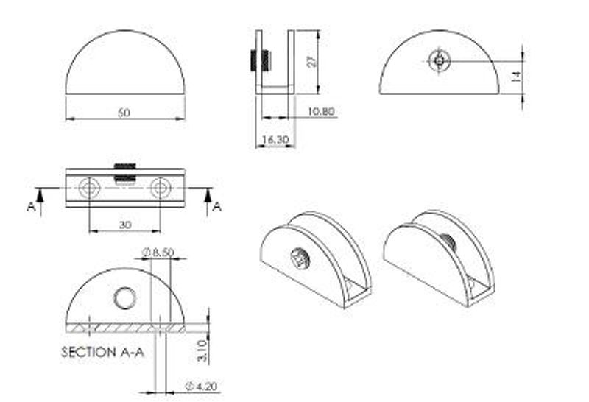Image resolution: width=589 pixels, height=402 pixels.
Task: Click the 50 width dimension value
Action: [124, 113]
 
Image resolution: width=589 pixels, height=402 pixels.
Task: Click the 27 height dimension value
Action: [311, 62]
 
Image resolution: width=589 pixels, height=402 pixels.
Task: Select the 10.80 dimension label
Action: [321, 112]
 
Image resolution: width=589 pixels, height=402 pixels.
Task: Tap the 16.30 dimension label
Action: [275, 139]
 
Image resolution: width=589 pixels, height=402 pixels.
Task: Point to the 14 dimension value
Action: [517, 77]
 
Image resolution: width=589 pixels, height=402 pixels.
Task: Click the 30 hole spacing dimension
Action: [125, 225]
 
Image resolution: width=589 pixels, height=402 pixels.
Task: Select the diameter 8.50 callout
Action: [158, 252]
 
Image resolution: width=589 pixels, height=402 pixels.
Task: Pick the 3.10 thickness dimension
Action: [202, 350]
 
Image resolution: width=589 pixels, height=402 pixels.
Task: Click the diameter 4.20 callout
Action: [202, 386]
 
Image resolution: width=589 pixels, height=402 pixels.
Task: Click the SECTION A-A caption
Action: [102, 352]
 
